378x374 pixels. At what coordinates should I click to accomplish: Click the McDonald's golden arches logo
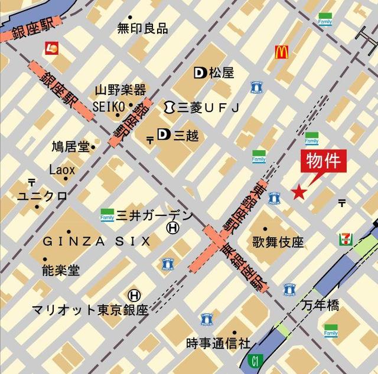point(281,53)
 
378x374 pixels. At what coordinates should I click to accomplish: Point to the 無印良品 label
point(142,28)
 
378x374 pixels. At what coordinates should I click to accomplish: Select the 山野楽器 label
point(120,90)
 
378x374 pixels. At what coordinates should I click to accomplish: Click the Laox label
point(62,170)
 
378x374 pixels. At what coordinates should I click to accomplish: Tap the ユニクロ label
point(42,196)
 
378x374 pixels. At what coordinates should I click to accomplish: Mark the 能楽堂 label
point(61,270)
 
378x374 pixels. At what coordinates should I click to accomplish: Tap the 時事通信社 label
point(218,343)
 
